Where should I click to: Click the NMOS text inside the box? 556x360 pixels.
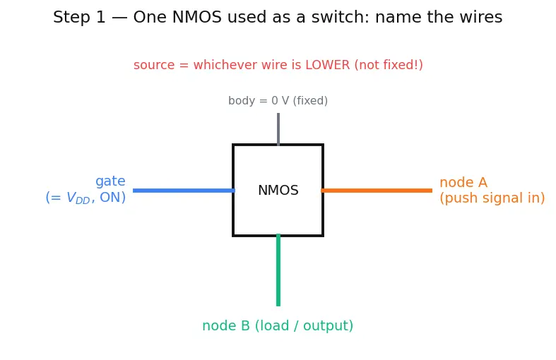coord(278,191)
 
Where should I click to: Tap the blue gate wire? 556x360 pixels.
coord(184,191)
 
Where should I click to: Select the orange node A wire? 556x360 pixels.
coord(377,191)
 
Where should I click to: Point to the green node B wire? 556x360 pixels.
coord(278,270)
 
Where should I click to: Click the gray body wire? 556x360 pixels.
coord(278,129)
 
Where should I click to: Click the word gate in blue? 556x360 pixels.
coord(110,181)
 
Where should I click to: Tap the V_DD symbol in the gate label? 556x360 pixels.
coord(78,198)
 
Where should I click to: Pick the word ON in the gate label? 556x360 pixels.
coord(111,197)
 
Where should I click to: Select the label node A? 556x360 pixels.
coord(463,183)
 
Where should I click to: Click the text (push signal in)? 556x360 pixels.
coord(492,198)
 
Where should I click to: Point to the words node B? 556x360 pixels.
coord(226,325)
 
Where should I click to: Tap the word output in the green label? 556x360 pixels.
coord(326,325)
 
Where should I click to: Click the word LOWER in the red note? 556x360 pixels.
coord(328,65)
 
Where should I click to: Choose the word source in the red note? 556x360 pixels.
coord(154,65)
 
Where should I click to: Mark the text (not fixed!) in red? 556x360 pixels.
coord(389,65)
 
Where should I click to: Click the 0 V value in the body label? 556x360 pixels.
coord(280,101)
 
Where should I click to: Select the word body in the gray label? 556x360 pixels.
coord(242,101)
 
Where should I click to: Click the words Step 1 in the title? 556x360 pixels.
coord(79,17)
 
